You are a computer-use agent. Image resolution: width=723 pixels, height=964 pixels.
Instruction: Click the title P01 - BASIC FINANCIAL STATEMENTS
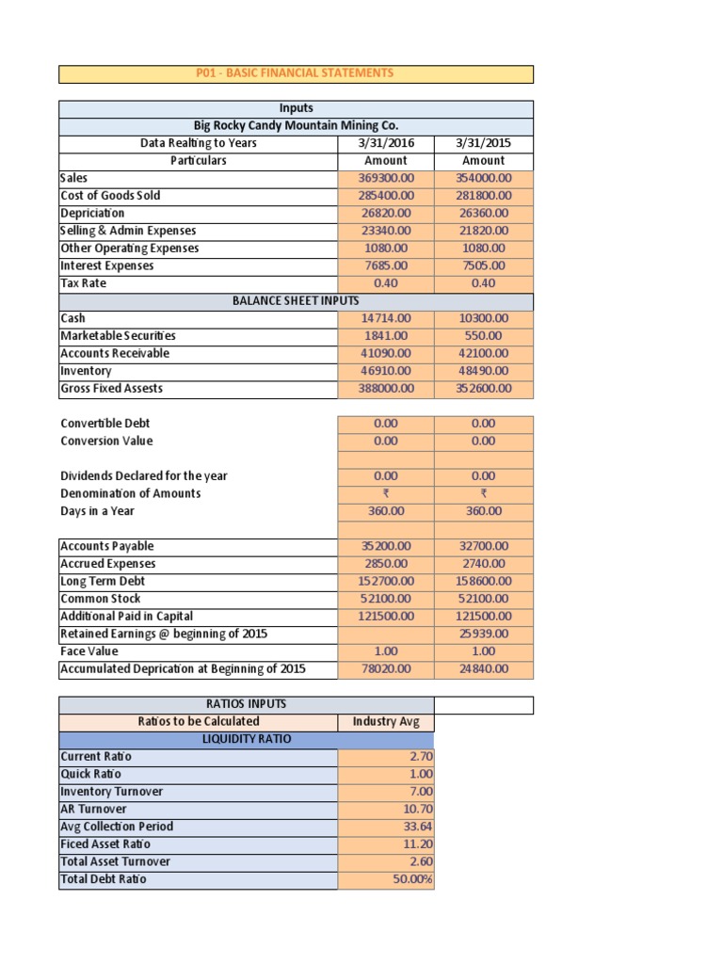click(x=296, y=73)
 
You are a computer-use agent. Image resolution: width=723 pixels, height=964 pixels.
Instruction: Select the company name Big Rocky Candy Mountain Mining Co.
click(x=296, y=126)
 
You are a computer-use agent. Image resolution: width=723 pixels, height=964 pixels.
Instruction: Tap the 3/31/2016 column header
click(x=386, y=143)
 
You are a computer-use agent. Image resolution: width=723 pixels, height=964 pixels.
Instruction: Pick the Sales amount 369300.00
click(x=386, y=178)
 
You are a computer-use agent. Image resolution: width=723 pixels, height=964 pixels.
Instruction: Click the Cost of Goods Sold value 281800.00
click(x=484, y=196)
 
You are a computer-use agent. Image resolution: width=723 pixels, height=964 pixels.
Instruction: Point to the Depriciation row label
click(x=92, y=213)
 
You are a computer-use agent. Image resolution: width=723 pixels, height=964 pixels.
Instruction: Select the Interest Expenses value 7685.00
click(x=386, y=265)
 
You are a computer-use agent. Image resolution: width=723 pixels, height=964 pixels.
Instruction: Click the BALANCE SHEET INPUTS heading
click(x=296, y=301)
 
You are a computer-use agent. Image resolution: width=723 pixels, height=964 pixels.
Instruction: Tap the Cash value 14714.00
click(x=386, y=318)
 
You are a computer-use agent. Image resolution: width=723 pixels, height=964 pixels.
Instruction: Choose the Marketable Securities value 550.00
click(x=484, y=336)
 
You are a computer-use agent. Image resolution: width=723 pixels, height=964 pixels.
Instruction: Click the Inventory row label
click(x=86, y=371)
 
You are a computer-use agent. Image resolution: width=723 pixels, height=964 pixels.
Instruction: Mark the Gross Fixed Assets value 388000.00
click(x=386, y=388)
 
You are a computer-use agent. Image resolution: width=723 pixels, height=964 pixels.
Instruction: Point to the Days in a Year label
click(x=97, y=511)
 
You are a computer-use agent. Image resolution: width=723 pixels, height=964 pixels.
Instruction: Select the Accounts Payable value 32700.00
click(x=484, y=546)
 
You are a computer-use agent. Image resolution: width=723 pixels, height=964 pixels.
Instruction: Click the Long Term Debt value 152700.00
click(x=386, y=582)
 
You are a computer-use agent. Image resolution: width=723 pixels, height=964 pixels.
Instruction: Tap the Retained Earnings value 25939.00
click(x=484, y=634)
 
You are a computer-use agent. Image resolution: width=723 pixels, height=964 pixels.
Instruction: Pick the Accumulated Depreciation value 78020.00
click(x=386, y=669)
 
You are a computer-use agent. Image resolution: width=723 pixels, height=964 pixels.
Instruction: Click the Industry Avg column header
click(x=386, y=722)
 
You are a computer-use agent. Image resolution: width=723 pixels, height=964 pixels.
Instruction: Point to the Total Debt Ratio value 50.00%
click(x=412, y=879)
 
